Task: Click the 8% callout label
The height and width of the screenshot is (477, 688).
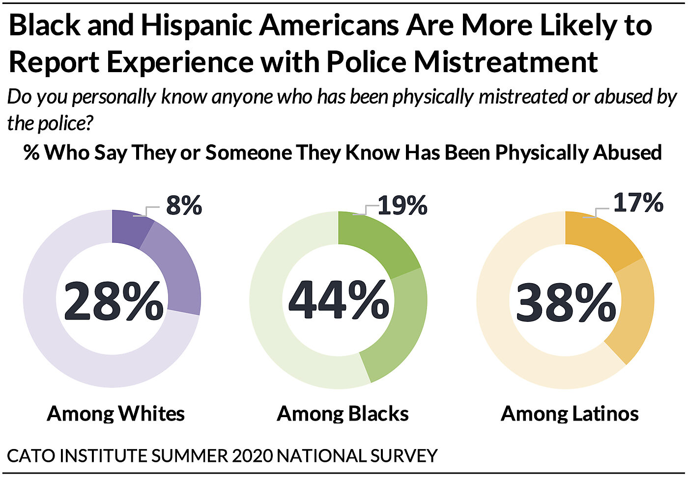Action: (x=184, y=205)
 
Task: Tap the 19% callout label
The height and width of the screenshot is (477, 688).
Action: (x=402, y=205)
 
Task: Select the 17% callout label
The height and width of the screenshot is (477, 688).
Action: (x=638, y=202)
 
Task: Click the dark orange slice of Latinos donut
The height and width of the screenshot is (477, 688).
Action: (x=600, y=238)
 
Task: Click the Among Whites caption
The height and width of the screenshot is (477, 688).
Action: (x=116, y=414)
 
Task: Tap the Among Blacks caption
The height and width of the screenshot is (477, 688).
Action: (x=343, y=414)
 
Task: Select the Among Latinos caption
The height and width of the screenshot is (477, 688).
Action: (x=570, y=414)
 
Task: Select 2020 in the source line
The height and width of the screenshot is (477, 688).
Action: (x=252, y=456)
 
